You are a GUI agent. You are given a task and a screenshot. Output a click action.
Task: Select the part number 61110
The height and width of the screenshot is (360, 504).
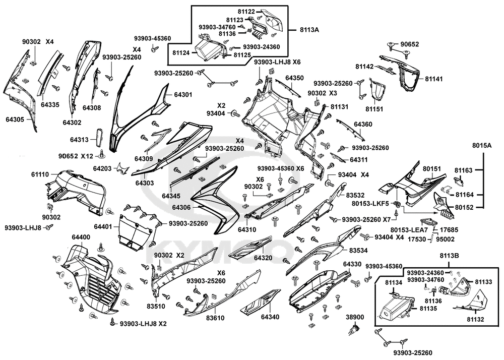point(40,174)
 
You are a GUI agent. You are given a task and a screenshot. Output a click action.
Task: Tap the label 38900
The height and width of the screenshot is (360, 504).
point(354,318)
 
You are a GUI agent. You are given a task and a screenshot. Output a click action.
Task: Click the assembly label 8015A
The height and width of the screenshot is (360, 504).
point(482,145)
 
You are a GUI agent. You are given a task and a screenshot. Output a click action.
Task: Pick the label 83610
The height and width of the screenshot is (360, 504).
point(215,318)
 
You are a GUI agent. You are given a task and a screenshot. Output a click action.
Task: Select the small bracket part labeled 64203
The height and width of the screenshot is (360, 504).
point(121,168)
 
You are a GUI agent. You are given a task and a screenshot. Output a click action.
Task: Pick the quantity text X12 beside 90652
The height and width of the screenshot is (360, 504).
point(87,156)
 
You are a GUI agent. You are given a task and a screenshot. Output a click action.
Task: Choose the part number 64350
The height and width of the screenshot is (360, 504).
point(294,78)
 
